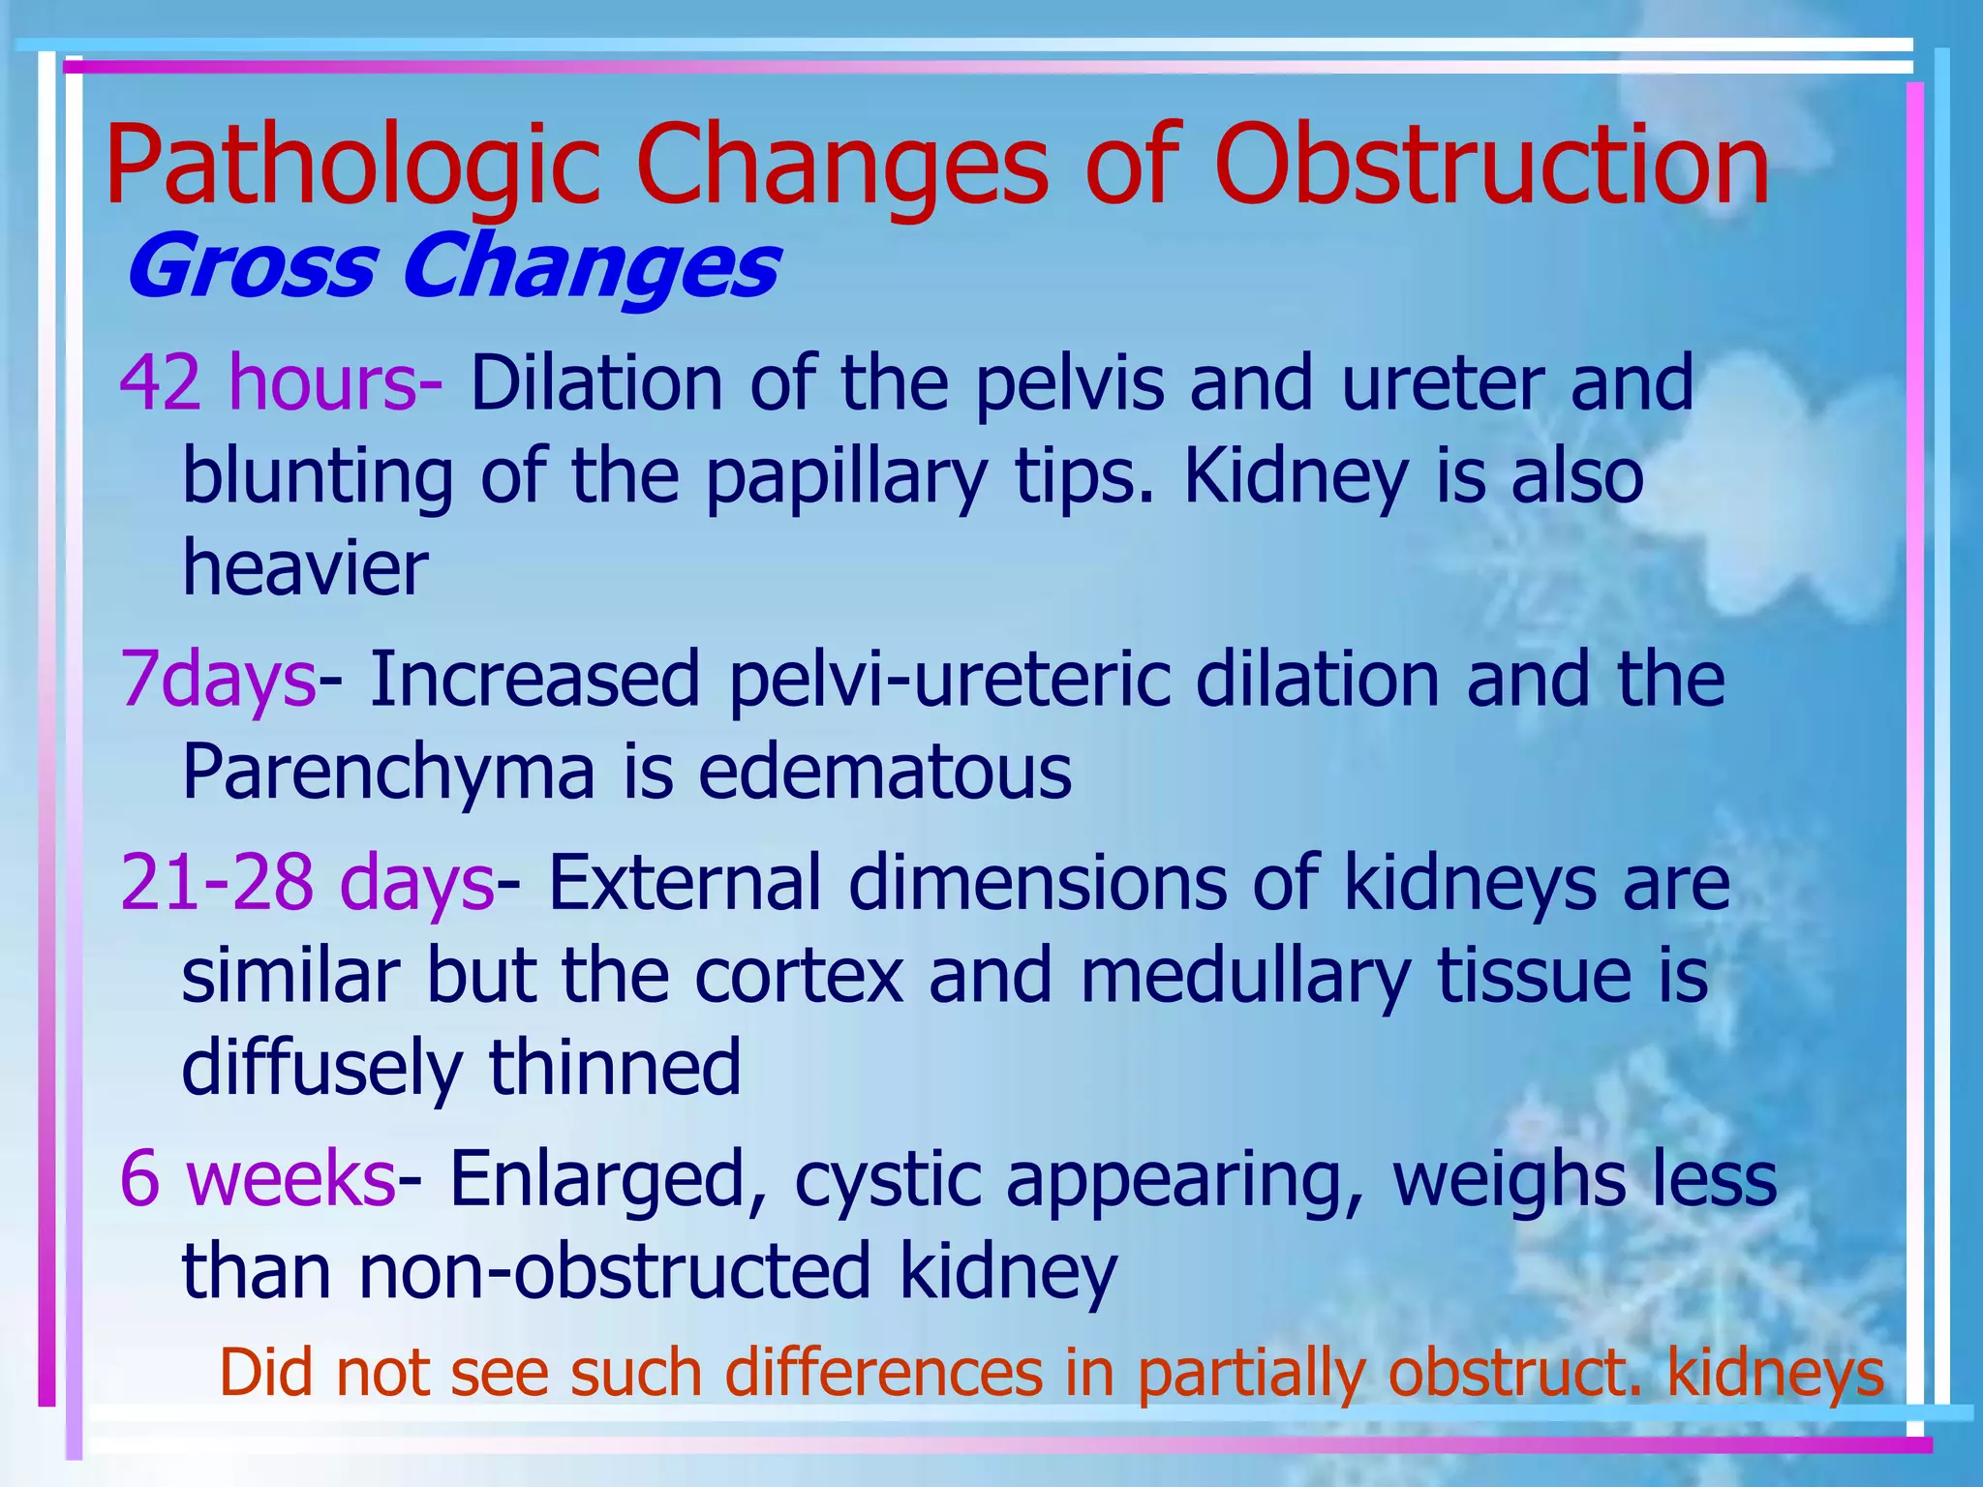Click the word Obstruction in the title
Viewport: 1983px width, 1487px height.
1491,167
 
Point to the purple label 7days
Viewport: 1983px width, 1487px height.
218,680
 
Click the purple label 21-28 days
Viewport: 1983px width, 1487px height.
307,883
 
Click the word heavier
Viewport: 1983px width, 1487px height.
305,568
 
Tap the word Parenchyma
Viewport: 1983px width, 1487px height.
387,774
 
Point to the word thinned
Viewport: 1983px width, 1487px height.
615,1067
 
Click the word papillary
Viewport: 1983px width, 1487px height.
846,478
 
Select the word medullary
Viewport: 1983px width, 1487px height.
1244,976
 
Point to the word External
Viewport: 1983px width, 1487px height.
686,883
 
